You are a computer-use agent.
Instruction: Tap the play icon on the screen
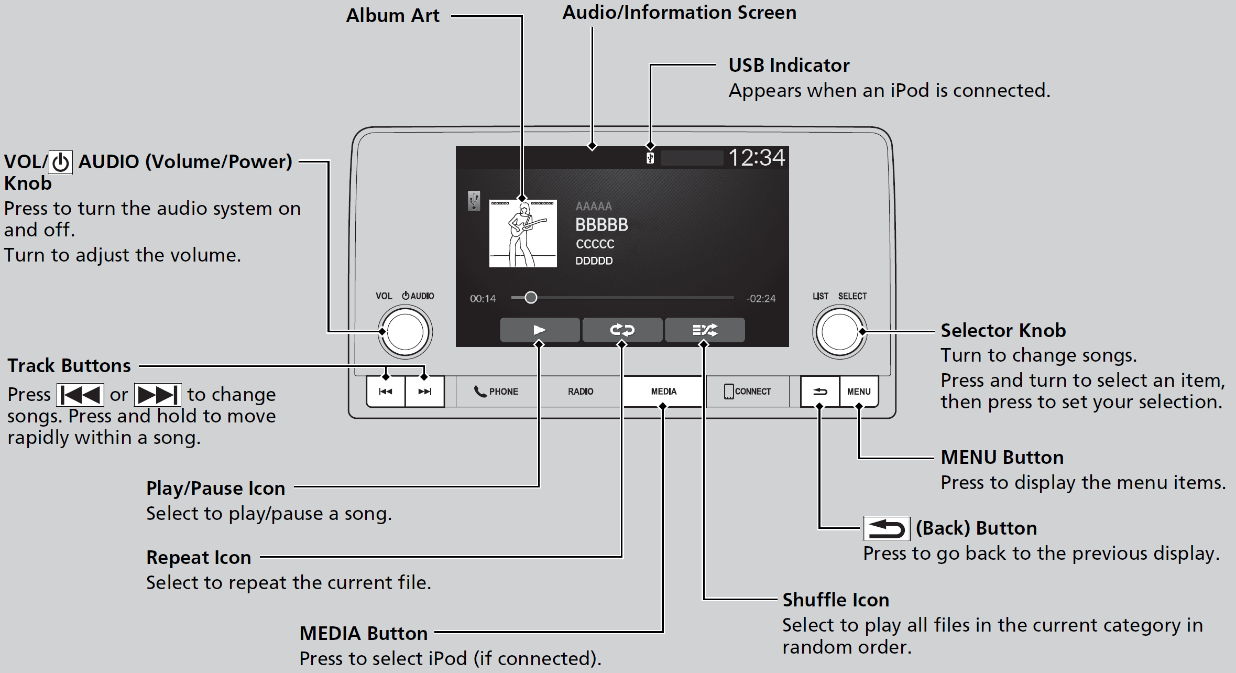pyautogui.click(x=540, y=330)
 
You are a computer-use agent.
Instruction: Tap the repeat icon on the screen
pyautogui.click(x=622, y=330)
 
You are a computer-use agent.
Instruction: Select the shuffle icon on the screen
pyautogui.click(x=705, y=330)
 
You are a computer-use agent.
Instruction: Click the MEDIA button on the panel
pyautogui.click(x=663, y=392)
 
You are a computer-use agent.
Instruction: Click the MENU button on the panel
pyautogui.click(x=859, y=392)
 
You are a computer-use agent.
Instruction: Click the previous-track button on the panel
pyautogui.click(x=386, y=392)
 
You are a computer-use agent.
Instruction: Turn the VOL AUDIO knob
pyautogui.click(x=405, y=332)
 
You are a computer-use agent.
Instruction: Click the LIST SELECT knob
pyautogui.click(x=839, y=332)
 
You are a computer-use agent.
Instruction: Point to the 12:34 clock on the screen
pyautogui.click(x=756, y=157)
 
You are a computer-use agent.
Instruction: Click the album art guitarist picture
pyautogui.click(x=523, y=233)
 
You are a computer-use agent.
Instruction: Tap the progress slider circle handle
pyautogui.click(x=531, y=298)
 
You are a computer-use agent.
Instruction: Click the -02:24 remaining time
pyautogui.click(x=761, y=299)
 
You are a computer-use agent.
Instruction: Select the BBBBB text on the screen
pyautogui.click(x=601, y=225)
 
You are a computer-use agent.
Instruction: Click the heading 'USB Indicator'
pyautogui.click(x=789, y=66)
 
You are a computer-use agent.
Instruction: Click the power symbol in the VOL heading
pyautogui.click(x=61, y=162)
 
